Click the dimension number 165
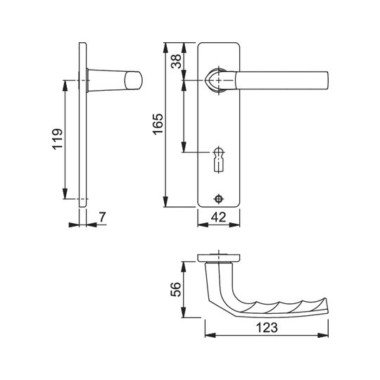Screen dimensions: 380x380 click(158, 124)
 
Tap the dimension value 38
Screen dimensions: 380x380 click(176, 61)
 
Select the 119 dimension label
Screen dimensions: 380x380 click(58, 139)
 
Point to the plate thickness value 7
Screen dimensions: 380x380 click(103, 217)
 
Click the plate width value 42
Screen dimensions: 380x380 click(218, 217)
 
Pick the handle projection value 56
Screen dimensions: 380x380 click(176, 289)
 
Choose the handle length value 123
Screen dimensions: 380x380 click(267, 328)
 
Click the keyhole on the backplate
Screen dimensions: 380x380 click(219, 160)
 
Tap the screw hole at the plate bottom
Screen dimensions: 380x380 click(219, 198)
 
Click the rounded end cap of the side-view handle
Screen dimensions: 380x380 click(134, 80)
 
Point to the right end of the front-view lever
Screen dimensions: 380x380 click(327, 80)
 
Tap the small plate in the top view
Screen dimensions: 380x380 click(219, 258)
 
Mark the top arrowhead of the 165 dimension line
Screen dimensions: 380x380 click(165, 48)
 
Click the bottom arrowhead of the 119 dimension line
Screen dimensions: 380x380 click(65, 194)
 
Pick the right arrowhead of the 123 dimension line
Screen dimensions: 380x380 click(323, 336)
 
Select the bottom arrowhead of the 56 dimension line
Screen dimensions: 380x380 click(184, 312)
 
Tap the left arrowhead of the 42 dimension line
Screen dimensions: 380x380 click(203, 225)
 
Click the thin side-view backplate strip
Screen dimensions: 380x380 click(82, 125)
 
